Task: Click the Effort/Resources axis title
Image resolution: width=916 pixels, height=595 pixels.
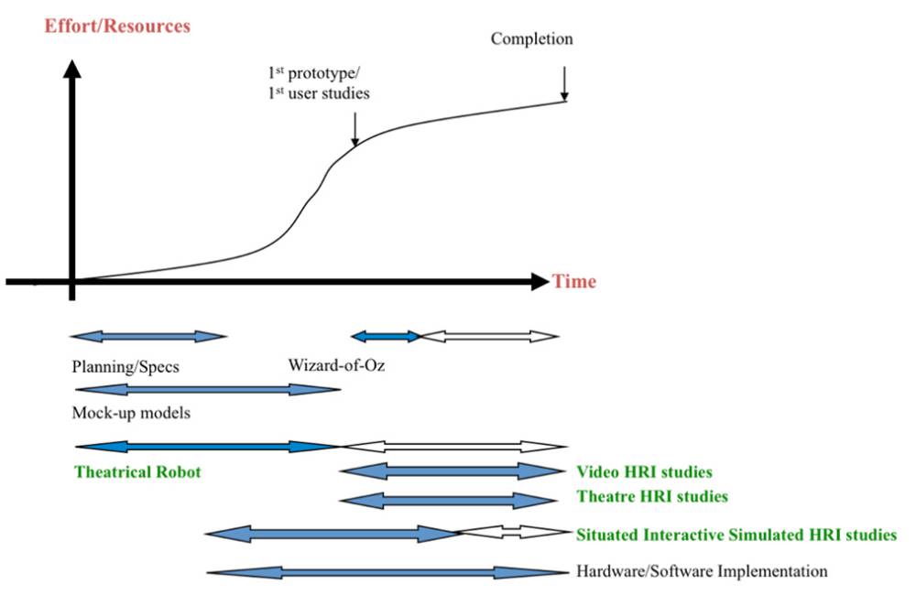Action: [x=117, y=27]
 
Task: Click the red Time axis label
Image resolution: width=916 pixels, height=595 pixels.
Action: [x=574, y=281]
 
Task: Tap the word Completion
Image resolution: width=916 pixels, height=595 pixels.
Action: [x=531, y=39]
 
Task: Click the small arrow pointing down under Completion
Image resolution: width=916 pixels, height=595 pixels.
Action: [x=564, y=83]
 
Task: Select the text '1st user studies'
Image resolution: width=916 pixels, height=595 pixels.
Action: [x=319, y=92]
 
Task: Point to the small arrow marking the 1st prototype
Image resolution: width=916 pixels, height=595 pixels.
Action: [x=354, y=129]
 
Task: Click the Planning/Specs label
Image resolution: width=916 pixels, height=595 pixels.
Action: [x=125, y=367]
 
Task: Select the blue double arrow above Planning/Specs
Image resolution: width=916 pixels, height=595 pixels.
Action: [x=148, y=336]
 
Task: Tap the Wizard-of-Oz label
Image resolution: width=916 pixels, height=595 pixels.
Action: [x=336, y=365]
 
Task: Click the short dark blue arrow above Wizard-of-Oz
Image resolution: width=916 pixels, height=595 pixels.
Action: [x=386, y=336]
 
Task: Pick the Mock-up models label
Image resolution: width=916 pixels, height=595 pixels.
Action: [x=131, y=413]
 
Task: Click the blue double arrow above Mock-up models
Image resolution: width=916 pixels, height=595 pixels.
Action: [x=208, y=389]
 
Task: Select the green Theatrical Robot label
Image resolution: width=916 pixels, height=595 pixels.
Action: [x=137, y=471]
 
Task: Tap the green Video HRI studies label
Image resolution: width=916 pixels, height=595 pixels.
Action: [x=644, y=471]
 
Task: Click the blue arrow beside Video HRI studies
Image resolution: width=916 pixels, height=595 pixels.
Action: [x=453, y=471]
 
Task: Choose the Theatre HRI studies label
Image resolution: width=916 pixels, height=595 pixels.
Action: [x=652, y=496]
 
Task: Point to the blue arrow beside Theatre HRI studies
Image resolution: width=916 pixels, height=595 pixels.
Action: [x=448, y=501]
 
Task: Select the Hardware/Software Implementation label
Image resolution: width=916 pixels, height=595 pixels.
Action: [x=702, y=570]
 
